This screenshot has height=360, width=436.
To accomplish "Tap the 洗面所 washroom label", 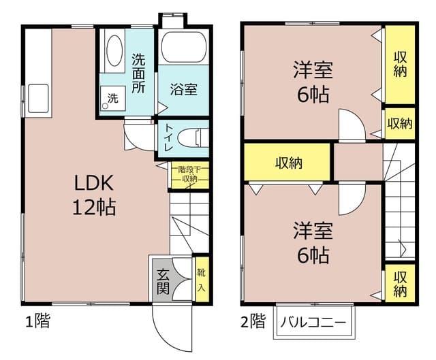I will tap(139, 73).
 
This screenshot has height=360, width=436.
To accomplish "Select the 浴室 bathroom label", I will tap(183, 89).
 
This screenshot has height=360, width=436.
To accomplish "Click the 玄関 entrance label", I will tap(163, 280).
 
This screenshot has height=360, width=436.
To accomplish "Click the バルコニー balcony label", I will tap(313, 322).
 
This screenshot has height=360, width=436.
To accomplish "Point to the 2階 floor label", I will tap(253, 321).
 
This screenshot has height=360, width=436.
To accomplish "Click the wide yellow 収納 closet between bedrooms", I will tap(288, 163).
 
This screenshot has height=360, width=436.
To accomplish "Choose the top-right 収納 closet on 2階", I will tap(400, 64).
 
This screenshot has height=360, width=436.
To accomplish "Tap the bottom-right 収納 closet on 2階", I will tap(400, 284).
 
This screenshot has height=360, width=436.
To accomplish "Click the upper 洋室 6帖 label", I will tap(313, 82).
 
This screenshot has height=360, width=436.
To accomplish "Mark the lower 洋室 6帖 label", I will tap(313, 242).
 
